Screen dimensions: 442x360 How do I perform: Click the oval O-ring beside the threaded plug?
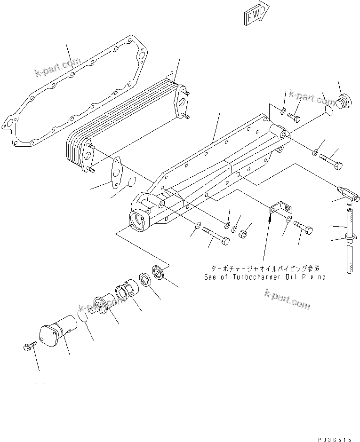(329, 111)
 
